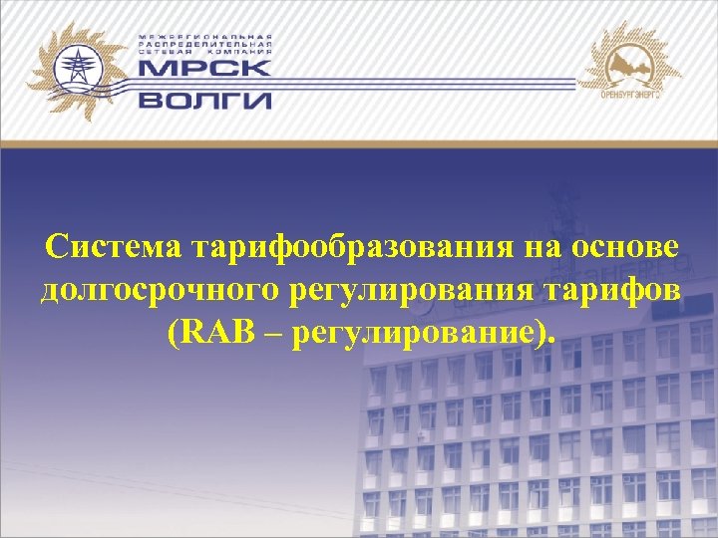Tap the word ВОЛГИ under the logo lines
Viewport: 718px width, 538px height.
tap(204, 100)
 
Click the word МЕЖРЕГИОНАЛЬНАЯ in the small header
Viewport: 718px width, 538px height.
tap(205, 36)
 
